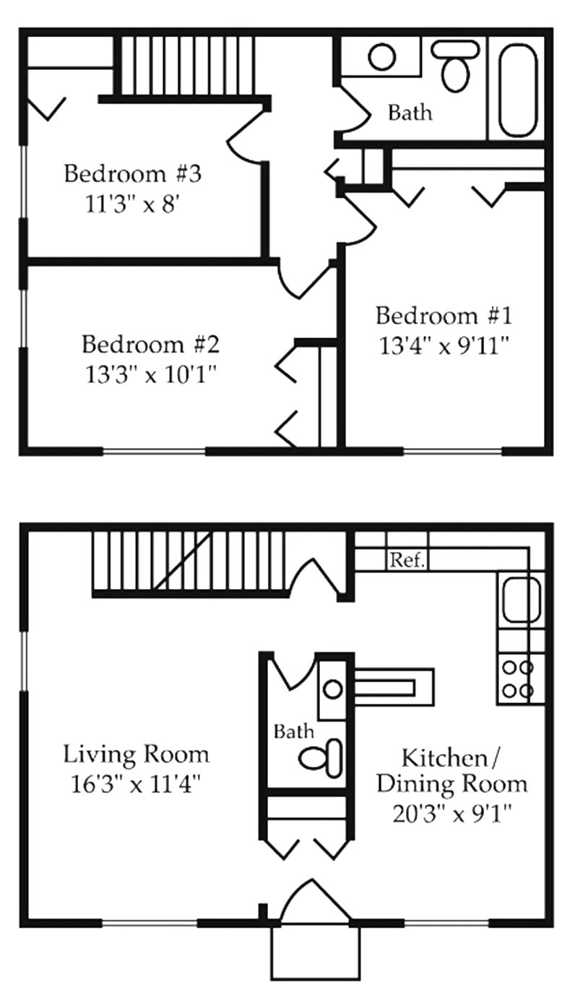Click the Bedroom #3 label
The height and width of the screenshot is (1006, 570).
pyautogui.click(x=131, y=174)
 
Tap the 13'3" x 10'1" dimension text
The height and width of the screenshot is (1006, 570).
pyautogui.click(x=150, y=375)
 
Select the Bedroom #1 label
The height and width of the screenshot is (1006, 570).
pyautogui.click(x=444, y=316)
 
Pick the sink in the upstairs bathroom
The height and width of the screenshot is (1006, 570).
pyautogui.click(x=381, y=57)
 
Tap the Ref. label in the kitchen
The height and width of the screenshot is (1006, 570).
pyautogui.click(x=407, y=560)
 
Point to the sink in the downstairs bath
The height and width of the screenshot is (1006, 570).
pyautogui.click(x=333, y=689)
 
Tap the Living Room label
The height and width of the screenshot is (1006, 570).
pyautogui.click(x=137, y=754)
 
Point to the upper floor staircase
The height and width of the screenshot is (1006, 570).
pyautogui.click(x=186, y=65)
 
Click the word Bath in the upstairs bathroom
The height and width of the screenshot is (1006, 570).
pyautogui.click(x=410, y=113)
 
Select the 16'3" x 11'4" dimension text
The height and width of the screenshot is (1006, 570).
pyautogui.click(x=137, y=784)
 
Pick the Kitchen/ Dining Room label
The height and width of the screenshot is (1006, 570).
pyautogui.click(x=452, y=770)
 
